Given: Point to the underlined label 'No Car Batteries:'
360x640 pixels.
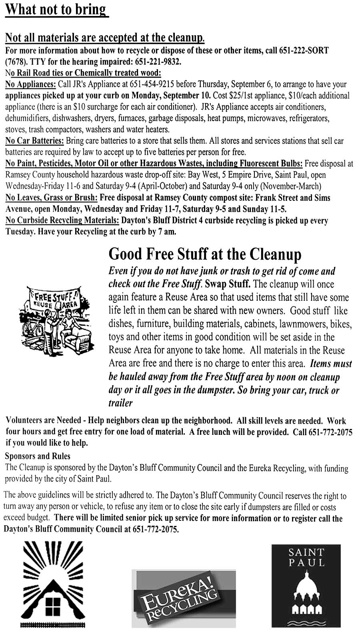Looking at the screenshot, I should point(34,141).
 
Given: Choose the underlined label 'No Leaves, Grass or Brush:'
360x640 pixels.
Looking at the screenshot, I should point(52,198).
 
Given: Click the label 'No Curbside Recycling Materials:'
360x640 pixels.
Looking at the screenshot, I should point(62,220).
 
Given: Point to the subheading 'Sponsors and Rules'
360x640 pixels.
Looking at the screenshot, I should point(38,456).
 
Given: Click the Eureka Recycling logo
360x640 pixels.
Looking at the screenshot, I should point(184,598).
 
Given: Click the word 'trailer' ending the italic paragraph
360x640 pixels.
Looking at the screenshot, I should point(120,403).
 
